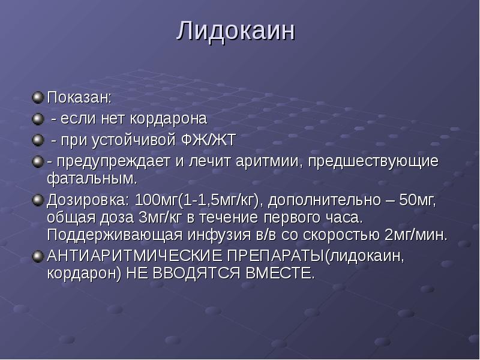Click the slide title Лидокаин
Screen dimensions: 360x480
(x=236, y=31)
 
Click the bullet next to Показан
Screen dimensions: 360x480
(x=38, y=97)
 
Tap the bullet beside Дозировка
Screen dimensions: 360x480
(x=38, y=199)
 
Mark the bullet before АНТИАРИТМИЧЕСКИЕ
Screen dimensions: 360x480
(x=38, y=256)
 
